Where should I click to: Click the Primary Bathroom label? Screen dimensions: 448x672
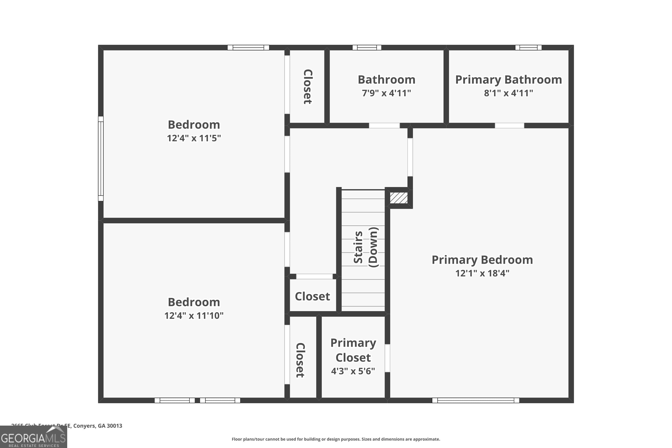(508, 80)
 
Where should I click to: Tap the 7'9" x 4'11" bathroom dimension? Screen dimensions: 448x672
(386, 93)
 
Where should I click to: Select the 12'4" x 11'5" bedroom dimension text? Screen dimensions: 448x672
(194, 138)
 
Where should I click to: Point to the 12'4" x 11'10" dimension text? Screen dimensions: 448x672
(194, 316)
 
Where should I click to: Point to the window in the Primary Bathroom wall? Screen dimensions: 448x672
(528, 48)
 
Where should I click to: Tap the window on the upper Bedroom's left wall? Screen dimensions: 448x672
(101, 159)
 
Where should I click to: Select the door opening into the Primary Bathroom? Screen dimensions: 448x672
(509, 125)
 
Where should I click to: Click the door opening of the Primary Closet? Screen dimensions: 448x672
(388, 358)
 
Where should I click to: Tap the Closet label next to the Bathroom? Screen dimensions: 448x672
(307, 86)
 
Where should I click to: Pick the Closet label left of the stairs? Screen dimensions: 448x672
(312, 297)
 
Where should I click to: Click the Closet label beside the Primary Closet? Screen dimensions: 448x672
(300, 360)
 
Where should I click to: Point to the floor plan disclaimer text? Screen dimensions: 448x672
(336, 439)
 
